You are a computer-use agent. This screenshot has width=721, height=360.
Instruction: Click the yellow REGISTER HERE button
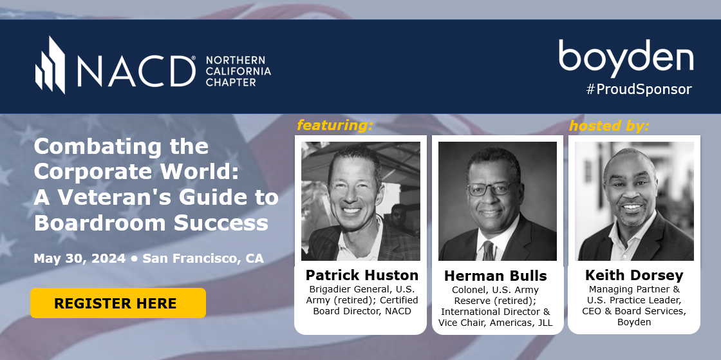[118, 303]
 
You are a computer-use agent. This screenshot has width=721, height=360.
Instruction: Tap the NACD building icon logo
[50, 65]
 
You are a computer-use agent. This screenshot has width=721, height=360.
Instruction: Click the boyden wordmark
[626, 59]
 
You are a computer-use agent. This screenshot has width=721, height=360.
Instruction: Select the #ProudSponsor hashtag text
[639, 90]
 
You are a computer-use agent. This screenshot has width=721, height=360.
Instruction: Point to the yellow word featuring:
[335, 125]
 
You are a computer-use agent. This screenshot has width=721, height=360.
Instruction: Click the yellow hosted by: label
[609, 126]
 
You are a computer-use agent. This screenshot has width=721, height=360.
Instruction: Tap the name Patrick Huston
[362, 275]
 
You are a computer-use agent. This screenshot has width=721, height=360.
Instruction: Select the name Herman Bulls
[495, 276]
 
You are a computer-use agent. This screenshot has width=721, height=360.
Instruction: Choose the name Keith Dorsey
[634, 275]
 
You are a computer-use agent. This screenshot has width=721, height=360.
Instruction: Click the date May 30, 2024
[80, 258]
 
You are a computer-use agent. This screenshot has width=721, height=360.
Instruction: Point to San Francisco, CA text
[203, 258]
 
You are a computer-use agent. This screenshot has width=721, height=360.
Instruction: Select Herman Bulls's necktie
[488, 251]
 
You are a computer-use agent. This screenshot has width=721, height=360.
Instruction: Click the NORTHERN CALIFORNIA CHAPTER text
[238, 71]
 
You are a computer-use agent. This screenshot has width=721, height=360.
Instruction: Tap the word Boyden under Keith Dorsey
[634, 322]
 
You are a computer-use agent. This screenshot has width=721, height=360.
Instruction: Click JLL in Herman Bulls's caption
[545, 323]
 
